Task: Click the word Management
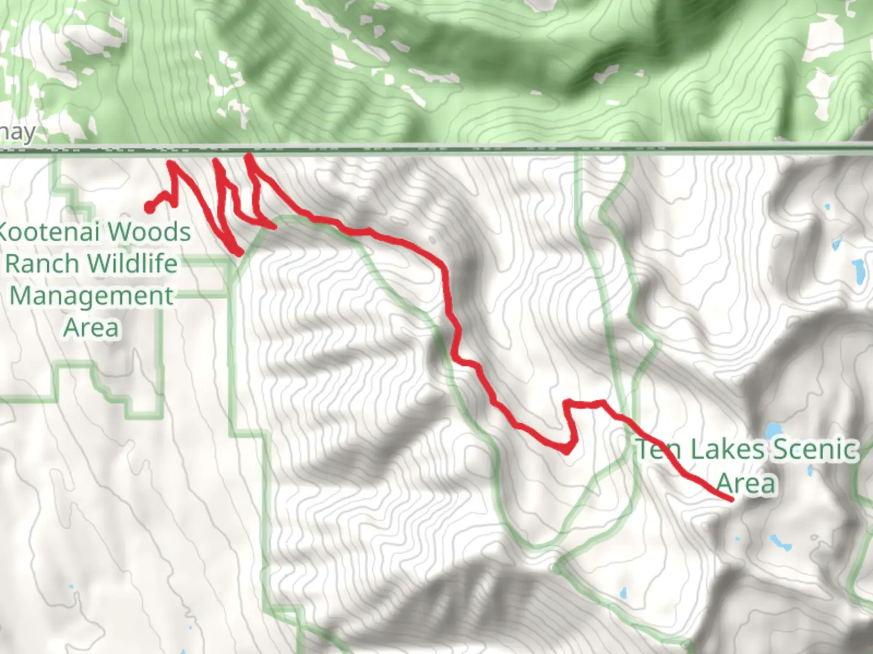(92, 296)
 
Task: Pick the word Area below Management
(91, 328)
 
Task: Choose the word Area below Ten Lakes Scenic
(746, 483)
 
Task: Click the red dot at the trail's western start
(149, 208)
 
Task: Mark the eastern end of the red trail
(731, 500)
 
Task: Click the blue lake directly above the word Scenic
(773, 431)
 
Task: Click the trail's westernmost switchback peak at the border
(172, 163)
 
